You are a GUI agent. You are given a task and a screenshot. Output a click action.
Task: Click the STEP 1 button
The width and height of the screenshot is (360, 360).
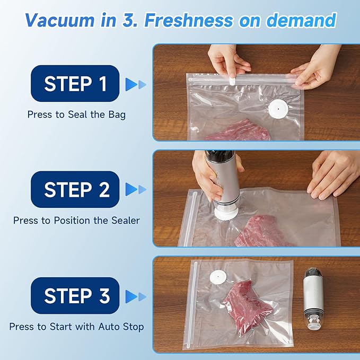coord(75,83)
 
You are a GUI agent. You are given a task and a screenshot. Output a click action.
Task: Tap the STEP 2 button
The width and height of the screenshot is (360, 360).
coord(75,189)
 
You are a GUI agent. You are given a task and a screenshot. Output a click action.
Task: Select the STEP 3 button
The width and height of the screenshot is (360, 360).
coord(75,295)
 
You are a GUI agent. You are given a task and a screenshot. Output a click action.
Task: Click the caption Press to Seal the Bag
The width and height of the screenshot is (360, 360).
coord(76,114)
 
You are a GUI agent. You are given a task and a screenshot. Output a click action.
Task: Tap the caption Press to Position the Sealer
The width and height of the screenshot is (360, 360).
coord(76,220)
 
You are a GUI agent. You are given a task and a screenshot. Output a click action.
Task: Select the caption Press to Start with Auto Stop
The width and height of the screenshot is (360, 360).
coord(76,327)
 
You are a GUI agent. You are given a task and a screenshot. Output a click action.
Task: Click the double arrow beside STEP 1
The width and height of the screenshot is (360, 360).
coord(135,84)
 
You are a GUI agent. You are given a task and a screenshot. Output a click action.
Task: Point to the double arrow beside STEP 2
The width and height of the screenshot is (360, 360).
coord(135,190)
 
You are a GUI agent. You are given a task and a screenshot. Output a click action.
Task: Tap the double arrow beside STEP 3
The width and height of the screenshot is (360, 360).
coord(135,296)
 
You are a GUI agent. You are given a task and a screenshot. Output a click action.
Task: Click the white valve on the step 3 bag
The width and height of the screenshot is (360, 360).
coord(217,276)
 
